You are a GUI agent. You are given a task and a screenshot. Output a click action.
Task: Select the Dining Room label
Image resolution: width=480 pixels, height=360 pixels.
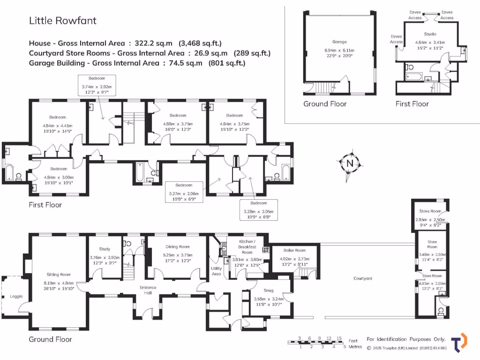[x=177, y=247]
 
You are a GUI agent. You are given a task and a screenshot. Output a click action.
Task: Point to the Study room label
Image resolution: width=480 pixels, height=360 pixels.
[x=105, y=249]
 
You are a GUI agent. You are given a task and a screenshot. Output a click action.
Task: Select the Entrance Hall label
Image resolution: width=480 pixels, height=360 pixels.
[x=148, y=290]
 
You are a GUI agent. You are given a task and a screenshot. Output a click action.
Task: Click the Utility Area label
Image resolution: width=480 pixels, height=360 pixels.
[x=216, y=271]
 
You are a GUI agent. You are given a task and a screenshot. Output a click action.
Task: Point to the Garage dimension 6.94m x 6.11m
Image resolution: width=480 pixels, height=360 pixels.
[x=339, y=50]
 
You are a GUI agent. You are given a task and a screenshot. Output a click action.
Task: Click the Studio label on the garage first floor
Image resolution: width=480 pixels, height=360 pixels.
[x=430, y=34]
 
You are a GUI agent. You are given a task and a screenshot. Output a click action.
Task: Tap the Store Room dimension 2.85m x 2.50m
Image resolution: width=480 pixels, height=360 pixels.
[x=430, y=220]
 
